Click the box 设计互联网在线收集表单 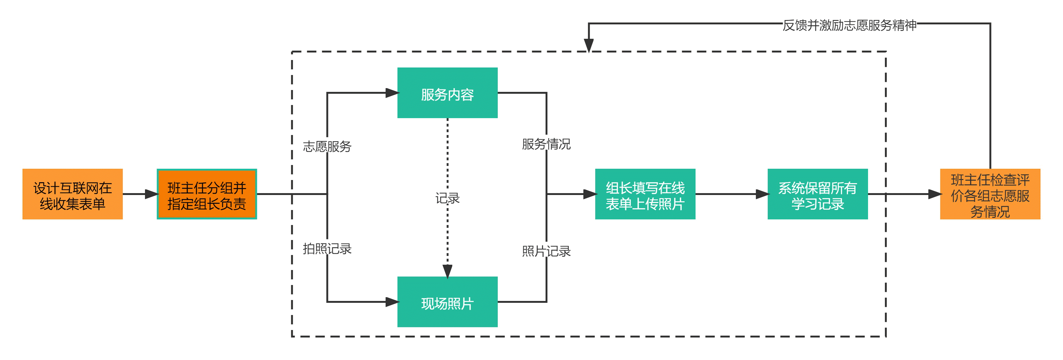pyautogui.click(x=72, y=194)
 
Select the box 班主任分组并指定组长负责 pyautogui.click(x=207, y=194)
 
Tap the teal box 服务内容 pyautogui.click(x=447, y=93)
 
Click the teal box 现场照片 pyautogui.click(x=447, y=302)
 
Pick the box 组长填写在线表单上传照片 pyautogui.click(x=645, y=194)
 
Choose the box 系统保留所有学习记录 pyautogui.click(x=817, y=194)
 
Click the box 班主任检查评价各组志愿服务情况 pyautogui.click(x=990, y=194)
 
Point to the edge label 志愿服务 pyautogui.click(x=327, y=147)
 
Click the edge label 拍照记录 pyautogui.click(x=327, y=248)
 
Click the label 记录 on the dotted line pyautogui.click(x=447, y=198)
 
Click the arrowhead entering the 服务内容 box pyautogui.click(x=392, y=93)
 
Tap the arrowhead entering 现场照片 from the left pyautogui.click(x=392, y=302)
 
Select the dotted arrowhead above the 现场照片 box pyautogui.click(x=447, y=271)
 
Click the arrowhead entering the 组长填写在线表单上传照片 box pyautogui.click(x=590, y=194)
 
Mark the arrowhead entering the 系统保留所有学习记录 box pyautogui.click(x=763, y=194)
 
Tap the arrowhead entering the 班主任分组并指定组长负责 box pyautogui.click(x=152, y=194)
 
